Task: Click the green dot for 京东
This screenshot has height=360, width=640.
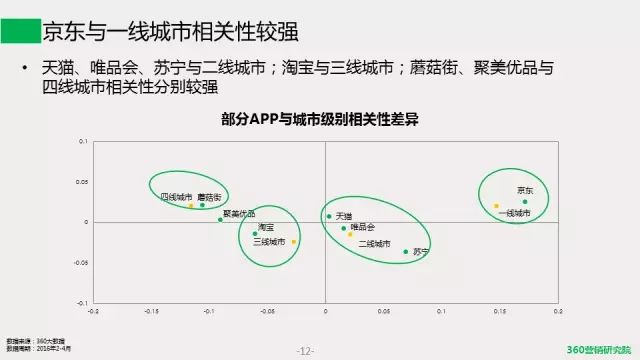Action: tap(524, 201)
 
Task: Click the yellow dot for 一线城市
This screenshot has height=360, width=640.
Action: tap(496, 206)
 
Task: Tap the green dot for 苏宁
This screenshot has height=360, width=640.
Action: tap(406, 251)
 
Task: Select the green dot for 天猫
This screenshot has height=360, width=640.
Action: tap(329, 216)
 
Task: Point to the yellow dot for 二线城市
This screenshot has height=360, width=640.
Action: tap(350, 234)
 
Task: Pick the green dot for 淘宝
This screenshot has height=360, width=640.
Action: tap(255, 234)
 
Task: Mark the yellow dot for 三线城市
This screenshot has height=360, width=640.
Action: tap(293, 241)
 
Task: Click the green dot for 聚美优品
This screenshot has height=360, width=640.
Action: tap(220, 219)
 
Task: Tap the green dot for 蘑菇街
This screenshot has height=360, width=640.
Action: tap(202, 205)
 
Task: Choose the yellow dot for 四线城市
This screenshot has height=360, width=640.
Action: tap(190, 205)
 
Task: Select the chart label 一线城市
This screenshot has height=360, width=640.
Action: tap(514, 213)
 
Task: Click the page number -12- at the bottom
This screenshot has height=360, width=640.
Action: tap(306, 350)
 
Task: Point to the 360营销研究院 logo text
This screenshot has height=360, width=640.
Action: tap(599, 349)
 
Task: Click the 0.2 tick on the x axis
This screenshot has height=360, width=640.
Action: tap(557, 311)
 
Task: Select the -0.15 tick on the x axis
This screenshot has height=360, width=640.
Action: tap(151, 311)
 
